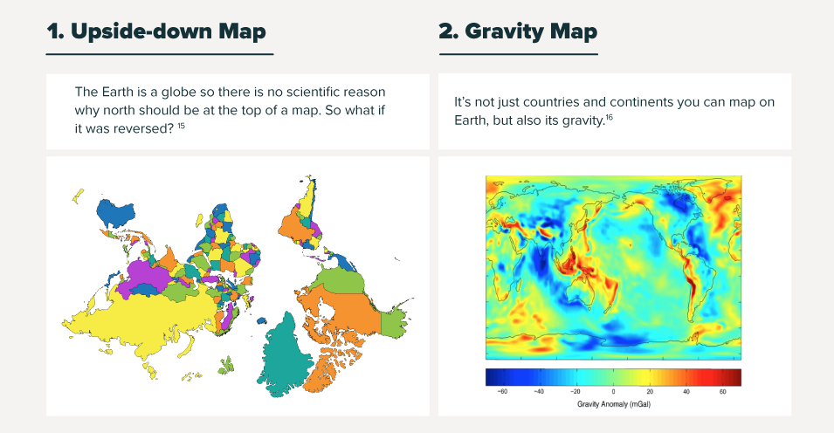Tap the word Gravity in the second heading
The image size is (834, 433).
click(x=503, y=31)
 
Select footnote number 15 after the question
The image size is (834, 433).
click(x=182, y=126)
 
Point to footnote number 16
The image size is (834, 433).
click(x=609, y=117)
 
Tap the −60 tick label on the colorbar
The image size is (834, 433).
click(x=501, y=391)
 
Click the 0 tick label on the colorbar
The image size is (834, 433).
click(x=613, y=391)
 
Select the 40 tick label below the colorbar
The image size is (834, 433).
click(x=686, y=391)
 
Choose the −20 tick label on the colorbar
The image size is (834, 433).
click(x=575, y=391)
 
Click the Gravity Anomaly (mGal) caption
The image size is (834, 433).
click(x=614, y=404)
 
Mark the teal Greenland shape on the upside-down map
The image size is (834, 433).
click(x=282, y=356)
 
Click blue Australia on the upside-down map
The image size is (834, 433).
click(x=114, y=212)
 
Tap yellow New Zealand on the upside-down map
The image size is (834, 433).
click(x=79, y=196)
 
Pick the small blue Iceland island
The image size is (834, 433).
click(x=260, y=320)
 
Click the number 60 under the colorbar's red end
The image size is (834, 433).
click(x=723, y=391)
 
